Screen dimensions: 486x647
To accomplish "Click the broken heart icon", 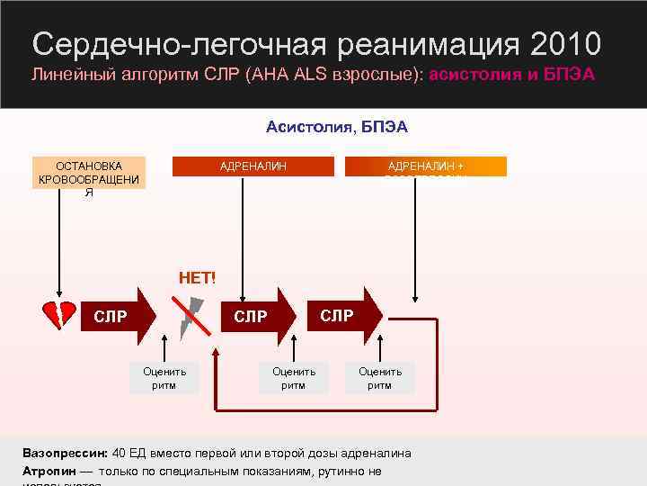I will click(60, 314).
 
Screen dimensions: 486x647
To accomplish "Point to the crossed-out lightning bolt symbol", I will click(190, 315).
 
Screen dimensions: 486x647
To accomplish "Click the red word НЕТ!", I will click(197, 277).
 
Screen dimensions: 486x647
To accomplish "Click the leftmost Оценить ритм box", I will click(164, 378).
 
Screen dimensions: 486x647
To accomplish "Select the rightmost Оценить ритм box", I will click(380, 378).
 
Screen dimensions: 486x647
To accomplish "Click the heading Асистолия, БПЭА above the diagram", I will click(336, 128).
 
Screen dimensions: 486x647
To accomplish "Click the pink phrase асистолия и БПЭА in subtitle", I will click(511, 74).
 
